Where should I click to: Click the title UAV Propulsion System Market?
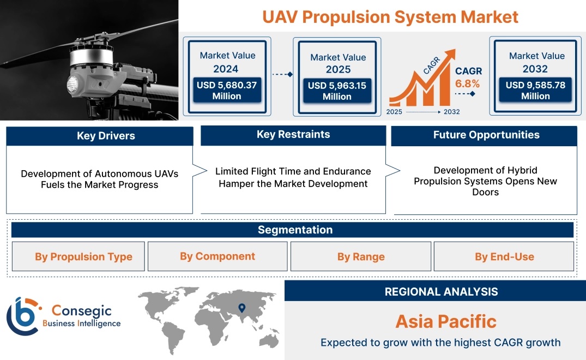390,17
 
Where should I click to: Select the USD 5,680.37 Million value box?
227,90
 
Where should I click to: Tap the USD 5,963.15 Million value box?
337,91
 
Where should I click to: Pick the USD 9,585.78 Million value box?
535,90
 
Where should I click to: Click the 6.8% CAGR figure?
467,83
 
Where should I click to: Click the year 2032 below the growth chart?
451,112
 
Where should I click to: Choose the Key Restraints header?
293,135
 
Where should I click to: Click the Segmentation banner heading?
295,230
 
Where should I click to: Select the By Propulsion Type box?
78,256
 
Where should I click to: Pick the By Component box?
218,256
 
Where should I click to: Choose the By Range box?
361,256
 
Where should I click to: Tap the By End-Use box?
504,256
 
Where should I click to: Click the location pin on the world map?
242,308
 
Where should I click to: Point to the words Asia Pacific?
446,321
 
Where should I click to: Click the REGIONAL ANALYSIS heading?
442,292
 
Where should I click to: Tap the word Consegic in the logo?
81,310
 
